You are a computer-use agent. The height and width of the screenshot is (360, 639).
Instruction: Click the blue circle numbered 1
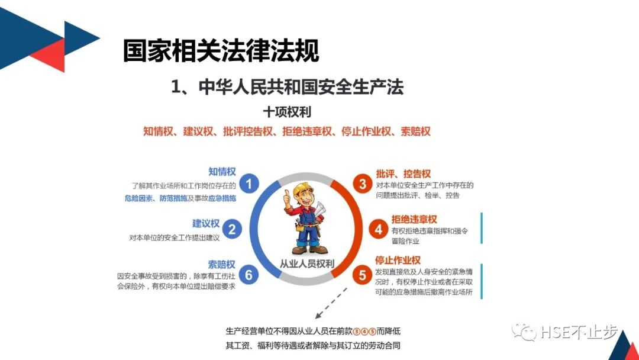click(x=249, y=184)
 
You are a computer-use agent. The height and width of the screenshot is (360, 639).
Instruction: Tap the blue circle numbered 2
click(x=233, y=229)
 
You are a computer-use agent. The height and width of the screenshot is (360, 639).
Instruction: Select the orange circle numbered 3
click(x=363, y=184)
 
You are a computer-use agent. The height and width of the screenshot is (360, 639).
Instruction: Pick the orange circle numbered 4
click(x=379, y=229)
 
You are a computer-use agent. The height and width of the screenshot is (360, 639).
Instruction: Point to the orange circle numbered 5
click(x=363, y=275)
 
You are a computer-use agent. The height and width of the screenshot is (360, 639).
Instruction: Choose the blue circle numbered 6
click(x=249, y=275)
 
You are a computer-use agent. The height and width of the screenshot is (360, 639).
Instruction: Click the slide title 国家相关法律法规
click(x=221, y=51)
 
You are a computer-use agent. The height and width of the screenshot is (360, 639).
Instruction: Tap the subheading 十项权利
click(x=287, y=111)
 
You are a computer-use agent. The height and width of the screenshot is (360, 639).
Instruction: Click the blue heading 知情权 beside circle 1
click(x=222, y=172)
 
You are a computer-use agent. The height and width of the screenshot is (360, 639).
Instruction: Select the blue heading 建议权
click(x=206, y=223)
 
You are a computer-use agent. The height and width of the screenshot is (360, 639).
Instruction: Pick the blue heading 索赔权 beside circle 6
click(x=222, y=264)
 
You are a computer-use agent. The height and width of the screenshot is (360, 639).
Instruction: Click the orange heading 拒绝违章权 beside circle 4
click(x=414, y=219)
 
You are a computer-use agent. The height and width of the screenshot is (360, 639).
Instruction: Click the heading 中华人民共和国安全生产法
click(x=287, y=87)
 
